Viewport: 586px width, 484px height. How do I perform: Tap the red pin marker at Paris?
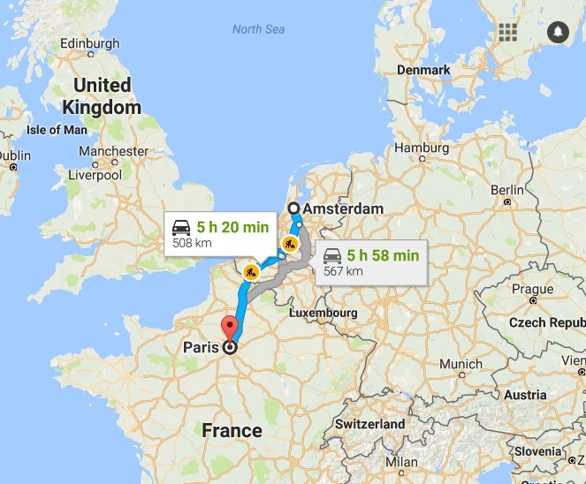click(x=230, y=328)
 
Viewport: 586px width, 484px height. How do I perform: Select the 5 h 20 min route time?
click(x=233, y=227)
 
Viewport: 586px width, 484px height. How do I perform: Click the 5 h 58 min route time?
click(x=383, y=256)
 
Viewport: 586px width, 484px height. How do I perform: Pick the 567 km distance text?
click(x=343, y=271)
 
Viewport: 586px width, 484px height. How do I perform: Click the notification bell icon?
click(x=558, y=32)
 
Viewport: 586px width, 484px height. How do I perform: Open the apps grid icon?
click(x=507, y=32)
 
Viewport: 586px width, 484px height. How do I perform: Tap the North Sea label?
click(x=258, y=30)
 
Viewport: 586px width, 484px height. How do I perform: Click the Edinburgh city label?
click(x=90, y=42)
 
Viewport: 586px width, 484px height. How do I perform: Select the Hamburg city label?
click(x=422, y=147)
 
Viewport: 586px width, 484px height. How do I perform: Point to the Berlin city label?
click(x=506, y=190)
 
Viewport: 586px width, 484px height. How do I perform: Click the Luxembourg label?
click(x=323, y=313)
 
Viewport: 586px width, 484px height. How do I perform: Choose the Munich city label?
click(x=460, y=364)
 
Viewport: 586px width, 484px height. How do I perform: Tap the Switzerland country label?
click(x=369, y=424)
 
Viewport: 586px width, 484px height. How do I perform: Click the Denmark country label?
click(x=423, y=70)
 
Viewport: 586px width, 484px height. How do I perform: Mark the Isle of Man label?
click(x=57, y=130)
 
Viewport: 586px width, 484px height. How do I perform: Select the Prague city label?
click(x=532, y=290)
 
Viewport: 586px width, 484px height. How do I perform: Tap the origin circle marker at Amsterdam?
click(x=293, y=208)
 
